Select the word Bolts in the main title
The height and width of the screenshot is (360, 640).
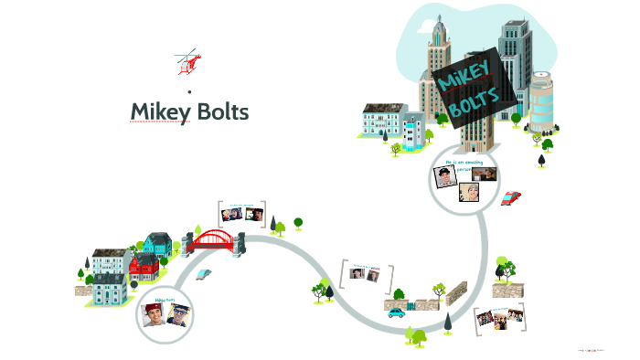click(219, 111)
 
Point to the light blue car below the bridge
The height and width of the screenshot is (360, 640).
click(207, 273)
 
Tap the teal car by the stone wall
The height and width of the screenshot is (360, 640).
click(396, 312)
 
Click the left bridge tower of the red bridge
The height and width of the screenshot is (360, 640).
click(194, 239)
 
